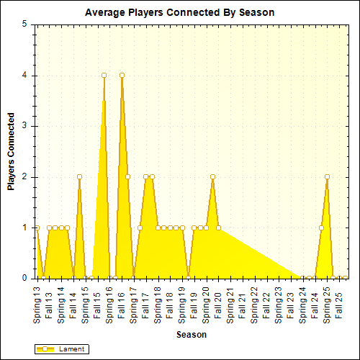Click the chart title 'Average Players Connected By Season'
point(179,13)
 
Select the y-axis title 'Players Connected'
point(12,150)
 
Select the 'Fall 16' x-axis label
point(122,299)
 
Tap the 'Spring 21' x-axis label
point(230,304)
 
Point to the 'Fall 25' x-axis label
point(339,299)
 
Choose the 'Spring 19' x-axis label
point(182,304)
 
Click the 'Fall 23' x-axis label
point(291,299)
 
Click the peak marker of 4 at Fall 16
point(122,75)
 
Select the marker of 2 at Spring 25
point(327,176)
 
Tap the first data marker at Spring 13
point(37,228)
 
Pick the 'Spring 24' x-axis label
point(303,304)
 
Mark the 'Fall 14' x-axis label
point(73,299)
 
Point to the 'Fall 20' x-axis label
point(218,299)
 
